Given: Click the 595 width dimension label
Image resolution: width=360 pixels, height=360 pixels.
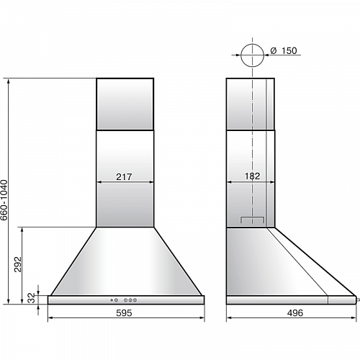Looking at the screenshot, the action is (124, 313).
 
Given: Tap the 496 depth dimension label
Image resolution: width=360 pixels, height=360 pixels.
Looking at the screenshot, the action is (295, 313).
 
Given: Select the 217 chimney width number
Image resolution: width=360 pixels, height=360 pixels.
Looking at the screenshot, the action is (124, 177).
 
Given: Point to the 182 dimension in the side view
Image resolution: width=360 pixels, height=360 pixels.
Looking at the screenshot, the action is (252, 176).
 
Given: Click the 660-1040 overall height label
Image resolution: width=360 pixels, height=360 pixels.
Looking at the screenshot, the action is (4, 200).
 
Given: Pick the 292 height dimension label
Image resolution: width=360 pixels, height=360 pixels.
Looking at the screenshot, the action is (18, 264).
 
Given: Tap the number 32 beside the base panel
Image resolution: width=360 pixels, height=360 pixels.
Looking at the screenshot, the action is (32, 298).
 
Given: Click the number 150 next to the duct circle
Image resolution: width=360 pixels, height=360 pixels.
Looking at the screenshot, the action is (289, 50).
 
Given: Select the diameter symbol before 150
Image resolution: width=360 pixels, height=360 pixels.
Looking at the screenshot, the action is (274, 50).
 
